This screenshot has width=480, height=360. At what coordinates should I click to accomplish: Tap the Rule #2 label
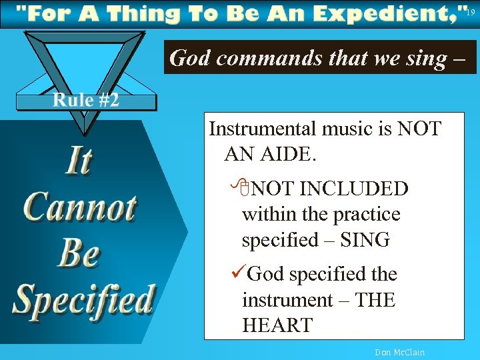pyautogui.click(x=86, y=100)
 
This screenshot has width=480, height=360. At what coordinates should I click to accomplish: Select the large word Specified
pyautogui.click(x=84, y=299)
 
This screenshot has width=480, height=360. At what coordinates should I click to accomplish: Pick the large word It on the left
pyautogui.click(x=78, y=161)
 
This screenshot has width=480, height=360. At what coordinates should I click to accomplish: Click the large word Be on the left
pyautogui.click(x=79, y=253)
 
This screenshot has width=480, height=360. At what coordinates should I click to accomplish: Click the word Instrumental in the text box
pyautogui.click(x=265, y=128)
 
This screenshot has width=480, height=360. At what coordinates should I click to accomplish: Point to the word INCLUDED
pyautogui.click(x=353, y=189)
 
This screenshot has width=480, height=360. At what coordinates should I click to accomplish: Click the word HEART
pyautogui.click(x=277, y=325)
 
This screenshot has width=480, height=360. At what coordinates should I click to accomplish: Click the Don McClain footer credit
pyautogui.click(x=399, y=352)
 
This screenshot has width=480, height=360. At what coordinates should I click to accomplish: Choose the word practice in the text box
pyautogui.click(x=367, y=215)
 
